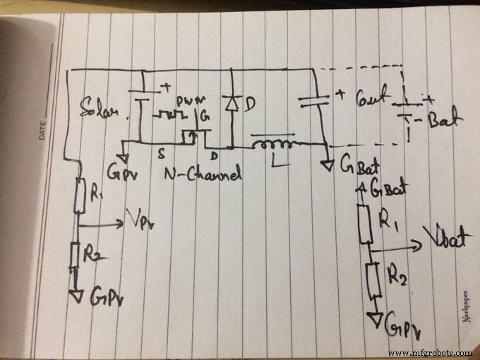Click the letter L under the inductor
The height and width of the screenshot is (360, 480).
[275, 163]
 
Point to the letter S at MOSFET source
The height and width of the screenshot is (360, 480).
[162, 151]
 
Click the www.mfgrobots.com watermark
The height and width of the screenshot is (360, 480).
[429, 352]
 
